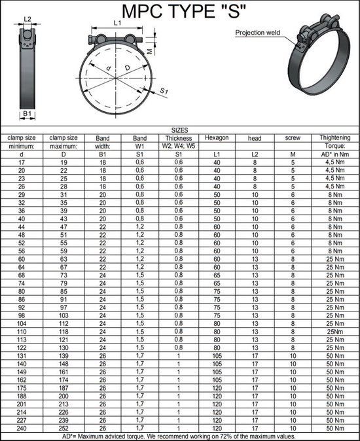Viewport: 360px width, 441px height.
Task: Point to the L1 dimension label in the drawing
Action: [x=117, y=23]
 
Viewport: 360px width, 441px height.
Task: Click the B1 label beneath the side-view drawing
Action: [x=27, y=115]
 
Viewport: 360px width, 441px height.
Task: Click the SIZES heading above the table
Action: [x=179, y=130]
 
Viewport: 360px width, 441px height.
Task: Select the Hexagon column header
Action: [x=216, y=138]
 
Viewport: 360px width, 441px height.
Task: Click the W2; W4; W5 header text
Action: [x=178, y=146]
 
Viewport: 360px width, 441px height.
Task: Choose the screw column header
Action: [x=293, y=138]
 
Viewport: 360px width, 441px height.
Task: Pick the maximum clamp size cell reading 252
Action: [x=63, y=429]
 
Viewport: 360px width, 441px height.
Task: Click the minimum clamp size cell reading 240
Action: [x=22, y=429]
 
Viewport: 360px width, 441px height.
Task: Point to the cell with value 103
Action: [x=63, y=314]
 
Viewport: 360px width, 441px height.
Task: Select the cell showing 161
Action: [x=63, y=371]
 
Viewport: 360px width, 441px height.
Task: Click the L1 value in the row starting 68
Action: [x=216, y=275]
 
